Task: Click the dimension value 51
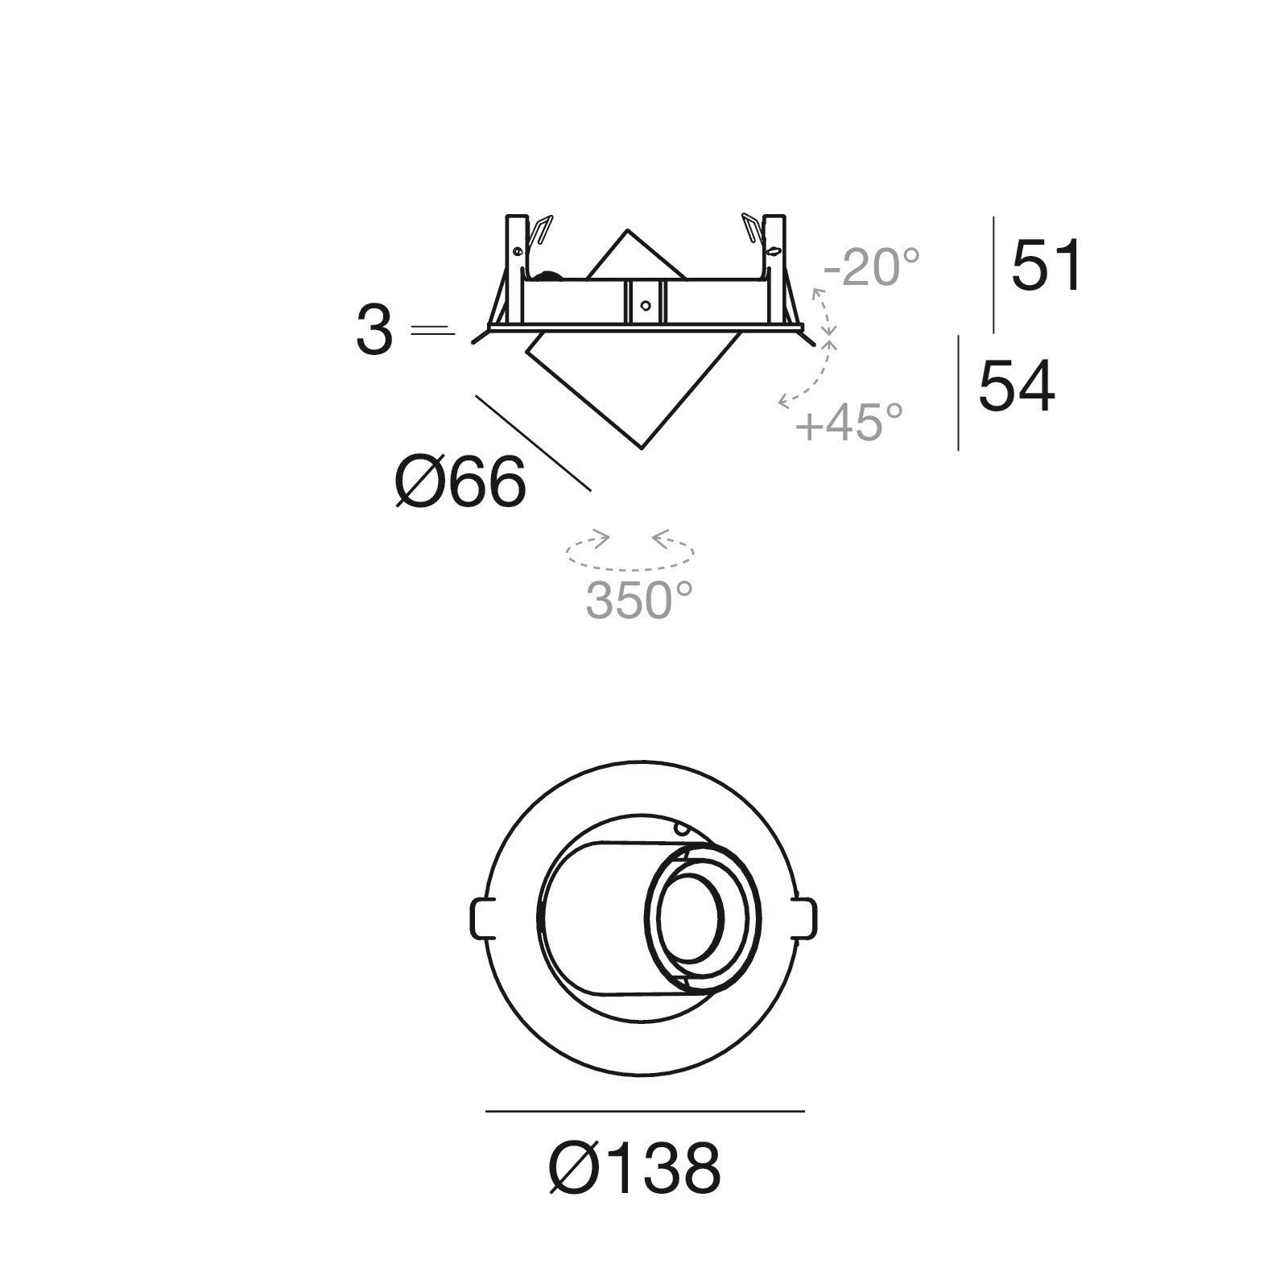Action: tap(1046, 266)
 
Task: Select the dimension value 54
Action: tap(1016, 386)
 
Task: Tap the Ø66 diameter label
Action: tap(460, 483)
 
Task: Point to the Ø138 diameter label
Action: tap(634, 1167)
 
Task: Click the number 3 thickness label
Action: tap(374, 332)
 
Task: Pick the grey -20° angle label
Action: tap(871, 267)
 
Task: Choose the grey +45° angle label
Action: tap(849, 421)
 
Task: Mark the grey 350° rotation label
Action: tap(639, 600)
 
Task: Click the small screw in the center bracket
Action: tap(643, 304)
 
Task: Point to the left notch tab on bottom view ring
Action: tap(481, 918)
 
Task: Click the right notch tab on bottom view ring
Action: tap(806, 918)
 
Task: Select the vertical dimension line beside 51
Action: tap(994, 274)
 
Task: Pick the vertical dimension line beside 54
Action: tap(959, 393)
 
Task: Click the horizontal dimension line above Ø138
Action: tap(644, 1112)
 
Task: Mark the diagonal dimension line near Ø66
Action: tap(533, 443)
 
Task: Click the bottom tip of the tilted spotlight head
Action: tap(642, 448)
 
